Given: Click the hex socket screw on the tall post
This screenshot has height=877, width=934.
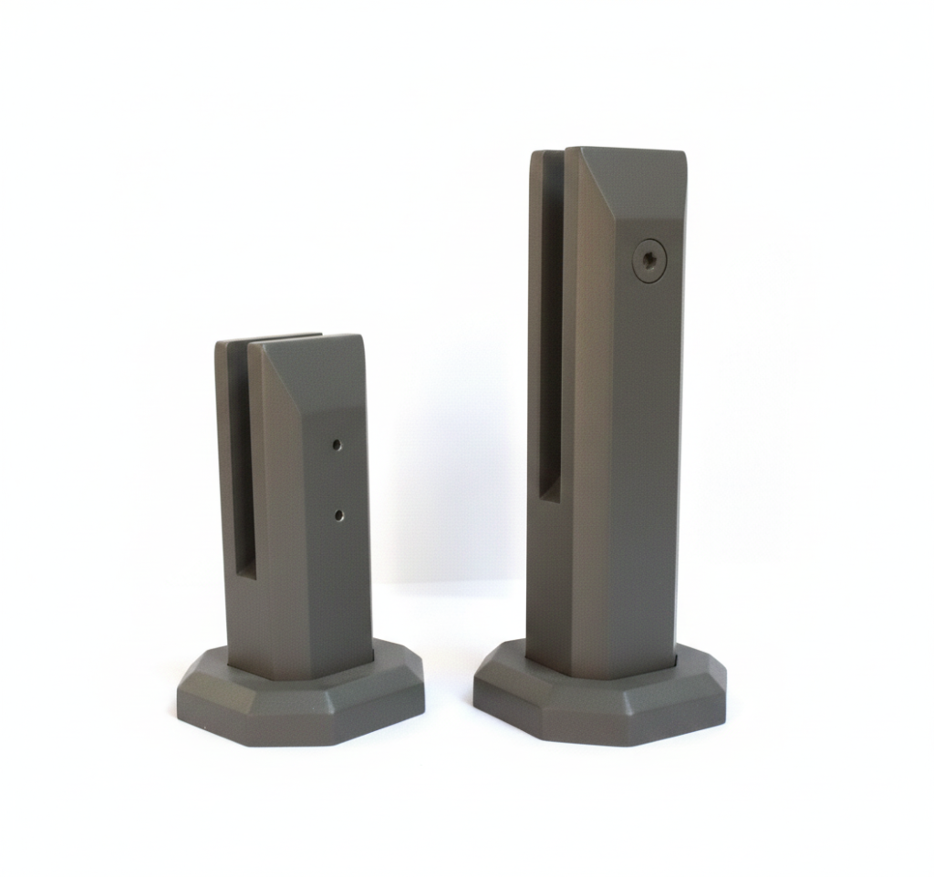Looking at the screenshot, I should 649,261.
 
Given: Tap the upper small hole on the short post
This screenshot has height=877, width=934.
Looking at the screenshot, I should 337,445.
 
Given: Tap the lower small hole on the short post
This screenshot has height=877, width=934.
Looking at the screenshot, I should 338,515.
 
